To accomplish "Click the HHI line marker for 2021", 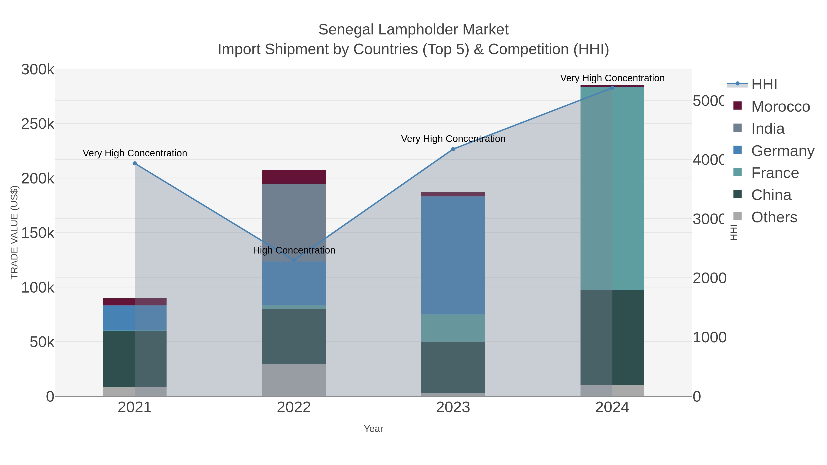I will click(135, 163).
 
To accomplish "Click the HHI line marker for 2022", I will click(294, 260).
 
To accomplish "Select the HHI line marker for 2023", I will click(453, 149).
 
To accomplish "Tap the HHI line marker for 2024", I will click(612, 88).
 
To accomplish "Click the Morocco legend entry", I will click(780, 107).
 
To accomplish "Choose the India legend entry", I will click(767, 129).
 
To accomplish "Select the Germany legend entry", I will click(782, 151).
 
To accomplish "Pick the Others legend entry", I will click(774, 217).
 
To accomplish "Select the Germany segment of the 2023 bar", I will click(453, 255).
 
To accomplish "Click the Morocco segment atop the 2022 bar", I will click(294, 177).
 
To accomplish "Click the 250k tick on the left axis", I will click(38, 124).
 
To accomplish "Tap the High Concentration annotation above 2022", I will click(294, 250).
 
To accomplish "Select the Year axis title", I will click(373, 429).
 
